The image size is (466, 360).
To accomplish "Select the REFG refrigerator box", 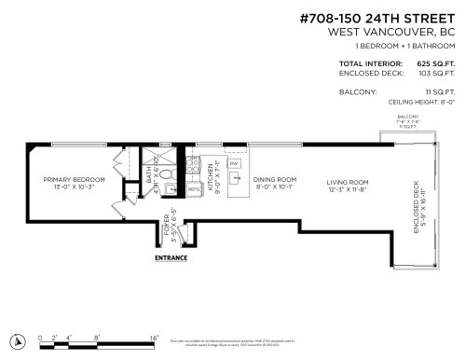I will click(195, 189).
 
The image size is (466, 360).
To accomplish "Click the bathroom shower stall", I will click(165, 155).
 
